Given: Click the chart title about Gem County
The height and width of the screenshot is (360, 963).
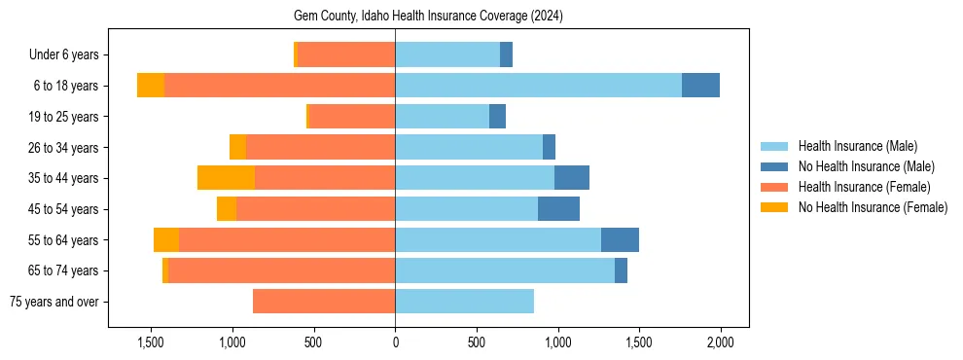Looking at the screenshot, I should pyautogui.click(x=428, y=17).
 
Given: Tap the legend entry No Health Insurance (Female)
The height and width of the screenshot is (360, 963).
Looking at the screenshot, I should pyautogui.click(x=873, y=207).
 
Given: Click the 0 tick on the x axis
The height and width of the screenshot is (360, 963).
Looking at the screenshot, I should pyautogui.click(x=395, y=342).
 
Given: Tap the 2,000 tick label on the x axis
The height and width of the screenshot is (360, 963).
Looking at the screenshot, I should pyautogui.click(x=720, y=342).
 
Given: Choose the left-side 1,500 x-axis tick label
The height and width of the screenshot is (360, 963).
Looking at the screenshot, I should pyautogui.click(x=151, y=342).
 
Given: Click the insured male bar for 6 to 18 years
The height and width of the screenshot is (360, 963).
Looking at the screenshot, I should pyautogui.click(x=538, y=86).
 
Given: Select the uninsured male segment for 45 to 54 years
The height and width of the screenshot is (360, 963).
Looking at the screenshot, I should pyautogui.click(x=558, y=209).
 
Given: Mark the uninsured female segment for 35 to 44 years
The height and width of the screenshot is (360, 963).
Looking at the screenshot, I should pyautogui.click(x=226, y=178).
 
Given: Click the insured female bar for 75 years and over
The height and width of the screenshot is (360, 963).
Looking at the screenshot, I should pyautogui.click(x=324, y=302).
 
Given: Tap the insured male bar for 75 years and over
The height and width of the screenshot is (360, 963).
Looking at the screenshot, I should pyautogui.click(x=464, y=302).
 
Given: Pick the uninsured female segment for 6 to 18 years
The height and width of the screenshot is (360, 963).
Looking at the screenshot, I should pyautogui.click(x=151, y=86).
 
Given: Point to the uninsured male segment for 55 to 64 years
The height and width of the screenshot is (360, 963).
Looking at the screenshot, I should pyautogui.click(x=620, y=240).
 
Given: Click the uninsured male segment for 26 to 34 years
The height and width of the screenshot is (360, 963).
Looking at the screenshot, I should pyautogui.click(x=549, y=148).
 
